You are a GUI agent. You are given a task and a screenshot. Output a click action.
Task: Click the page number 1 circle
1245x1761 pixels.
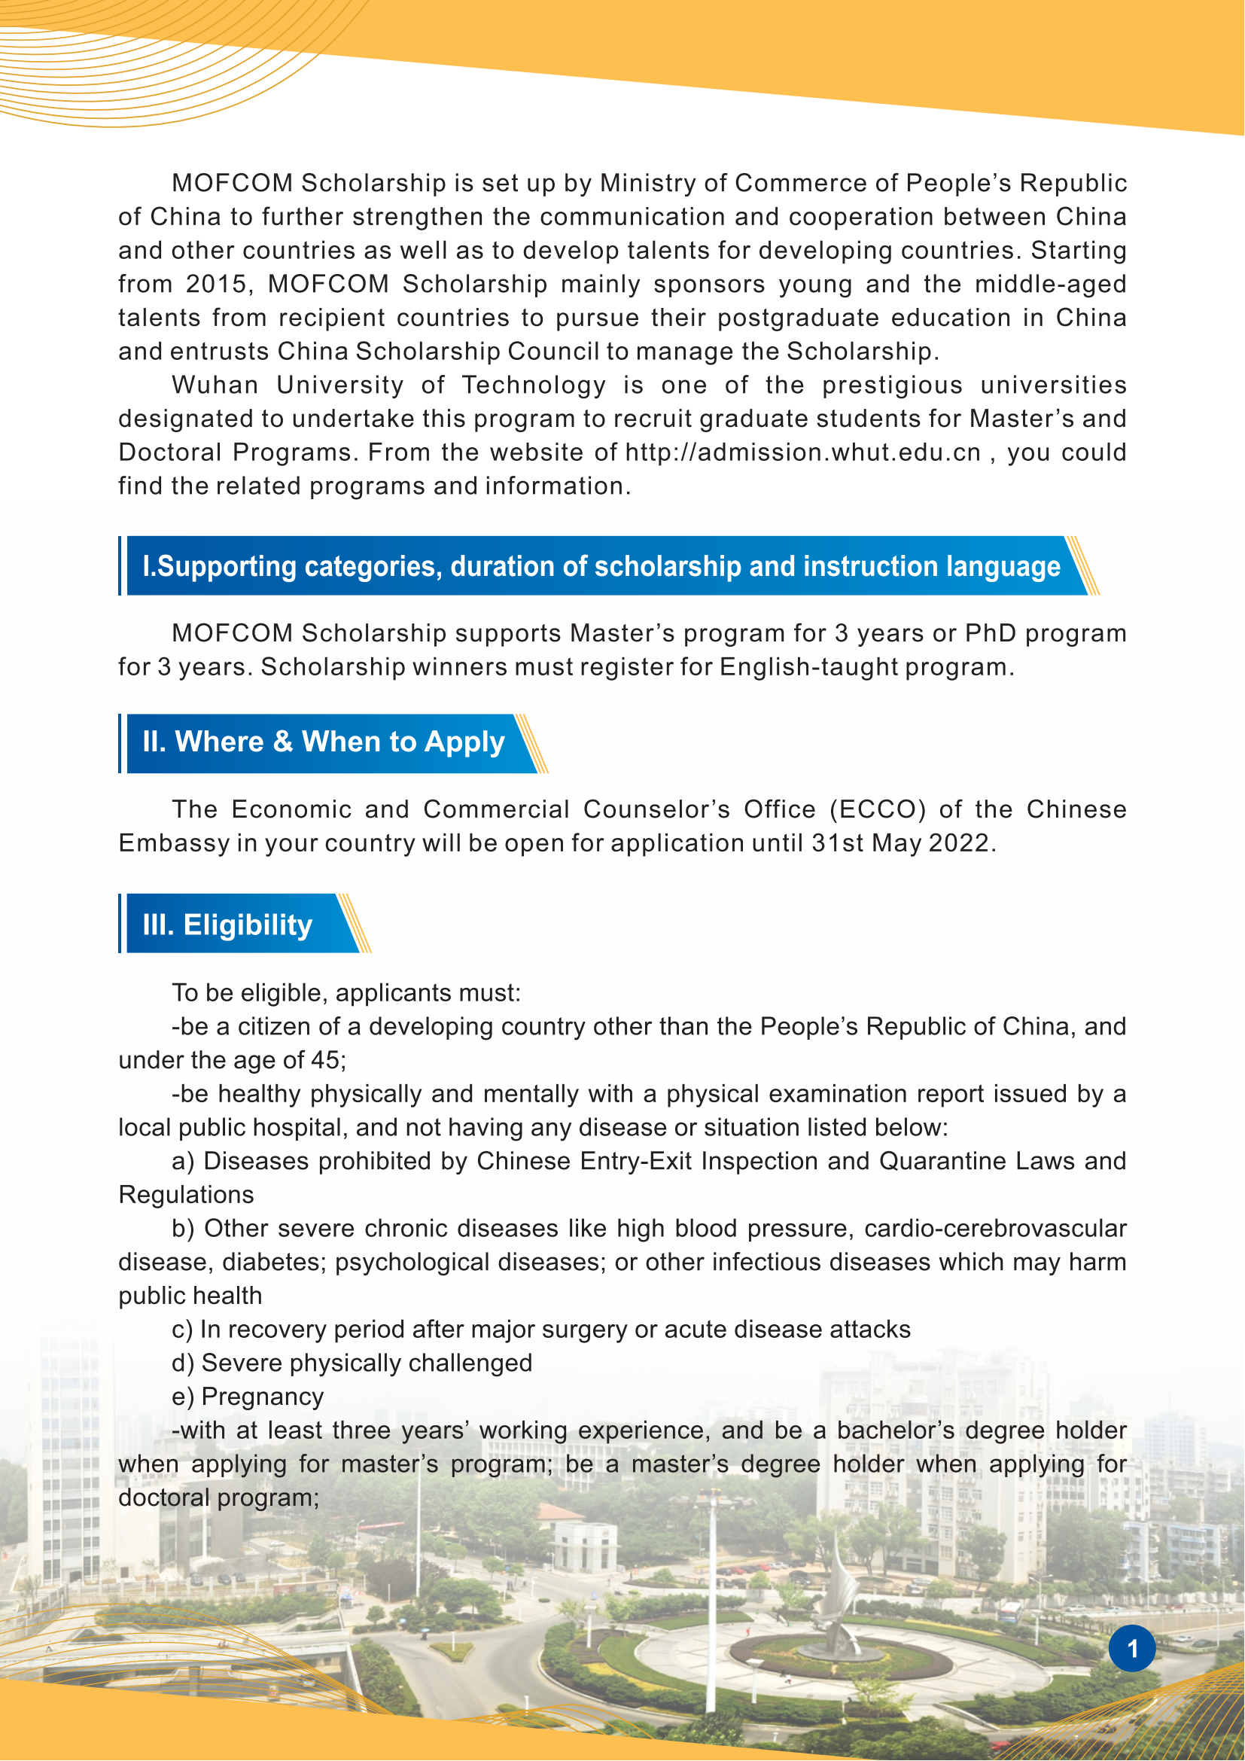(1131, 1648)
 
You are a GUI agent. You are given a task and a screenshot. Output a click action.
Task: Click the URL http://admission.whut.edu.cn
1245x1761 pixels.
(802, 452)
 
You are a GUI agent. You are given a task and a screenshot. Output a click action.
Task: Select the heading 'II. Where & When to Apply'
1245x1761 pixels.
(324, 742)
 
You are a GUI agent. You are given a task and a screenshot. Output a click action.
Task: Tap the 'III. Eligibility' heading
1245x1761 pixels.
(227, 925)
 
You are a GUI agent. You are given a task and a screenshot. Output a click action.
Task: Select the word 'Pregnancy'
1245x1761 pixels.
(262, 1397)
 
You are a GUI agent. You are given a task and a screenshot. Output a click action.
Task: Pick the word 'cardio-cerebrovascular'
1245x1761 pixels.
(995, 1229)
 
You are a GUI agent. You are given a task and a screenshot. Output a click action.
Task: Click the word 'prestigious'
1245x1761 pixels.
(893, 385)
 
